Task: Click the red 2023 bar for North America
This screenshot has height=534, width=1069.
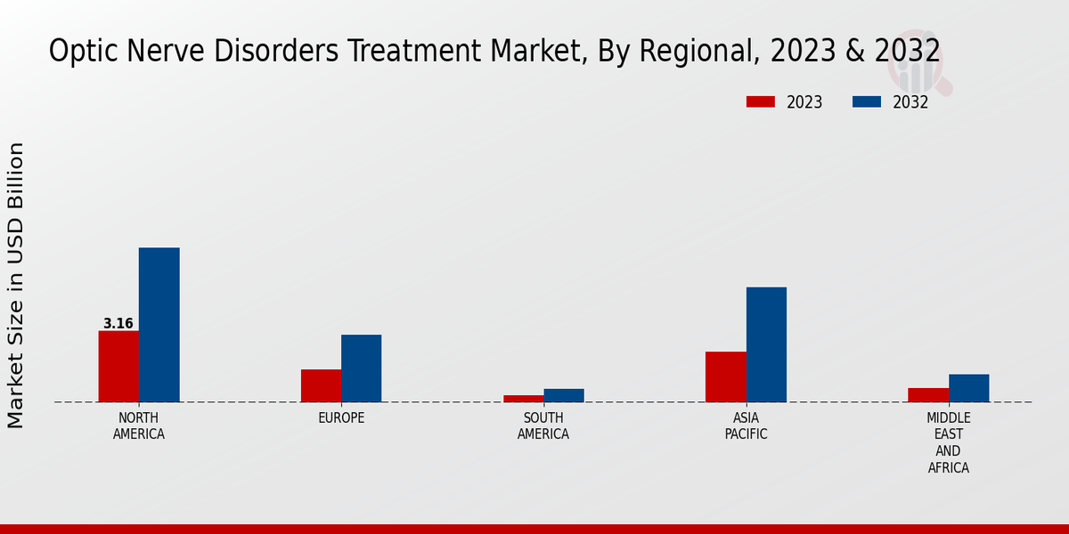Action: tap(118, 366)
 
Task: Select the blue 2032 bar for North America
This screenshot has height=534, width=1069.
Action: tap(159, 325)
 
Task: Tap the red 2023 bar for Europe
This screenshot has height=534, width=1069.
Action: tap(321, 385)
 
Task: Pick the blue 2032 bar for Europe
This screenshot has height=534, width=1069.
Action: tap(361, 368)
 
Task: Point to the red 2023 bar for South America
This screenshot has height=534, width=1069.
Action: tap(523, 398)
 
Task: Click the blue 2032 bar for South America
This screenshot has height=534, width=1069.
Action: tap(564, 395)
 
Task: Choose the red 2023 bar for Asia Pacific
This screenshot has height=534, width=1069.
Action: tap(725, 376)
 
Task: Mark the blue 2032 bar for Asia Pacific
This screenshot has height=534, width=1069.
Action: tap(766, 344)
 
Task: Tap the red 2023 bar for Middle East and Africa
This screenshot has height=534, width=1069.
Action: tap(928, 394)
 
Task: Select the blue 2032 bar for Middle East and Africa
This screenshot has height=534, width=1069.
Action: tap(968, 388)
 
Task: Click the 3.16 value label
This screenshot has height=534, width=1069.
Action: tap(118, 324)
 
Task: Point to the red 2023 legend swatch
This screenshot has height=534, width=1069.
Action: tap(761, 102)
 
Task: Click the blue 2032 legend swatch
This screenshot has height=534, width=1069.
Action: tap(866, 102)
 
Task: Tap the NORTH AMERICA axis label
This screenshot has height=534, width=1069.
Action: tap(139, 426)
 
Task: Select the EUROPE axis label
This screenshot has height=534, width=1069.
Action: tap(341, 418)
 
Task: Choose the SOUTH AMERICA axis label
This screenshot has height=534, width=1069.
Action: tap(543, 426)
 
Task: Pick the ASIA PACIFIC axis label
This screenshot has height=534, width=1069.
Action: tap(746, 426)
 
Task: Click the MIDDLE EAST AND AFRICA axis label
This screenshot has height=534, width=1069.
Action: tap(949, 442)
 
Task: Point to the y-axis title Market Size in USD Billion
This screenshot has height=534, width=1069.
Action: tap(16, 285)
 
